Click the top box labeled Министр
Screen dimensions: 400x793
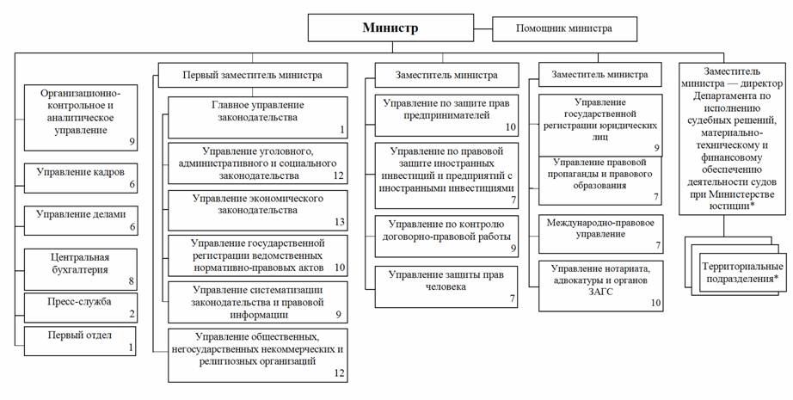[x=390, y=28]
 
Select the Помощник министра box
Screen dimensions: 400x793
[x=563, y=28]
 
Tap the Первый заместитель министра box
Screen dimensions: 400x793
[x=252, y=75]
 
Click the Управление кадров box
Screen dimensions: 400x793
[x=79, y=178]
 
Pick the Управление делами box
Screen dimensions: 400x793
[x=79, y=219]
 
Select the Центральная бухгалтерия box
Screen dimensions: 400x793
[x=79, y=266]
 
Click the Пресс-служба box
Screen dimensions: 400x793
[x=79, y=307]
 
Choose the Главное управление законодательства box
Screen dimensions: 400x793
[x=258, y=117]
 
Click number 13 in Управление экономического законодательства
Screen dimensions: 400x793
[x=340, y=222]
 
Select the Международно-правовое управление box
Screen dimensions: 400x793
[x=600, y=232]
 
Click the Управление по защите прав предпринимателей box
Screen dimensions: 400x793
[x=445, y=114]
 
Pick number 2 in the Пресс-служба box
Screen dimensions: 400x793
[x=131, y=315]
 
